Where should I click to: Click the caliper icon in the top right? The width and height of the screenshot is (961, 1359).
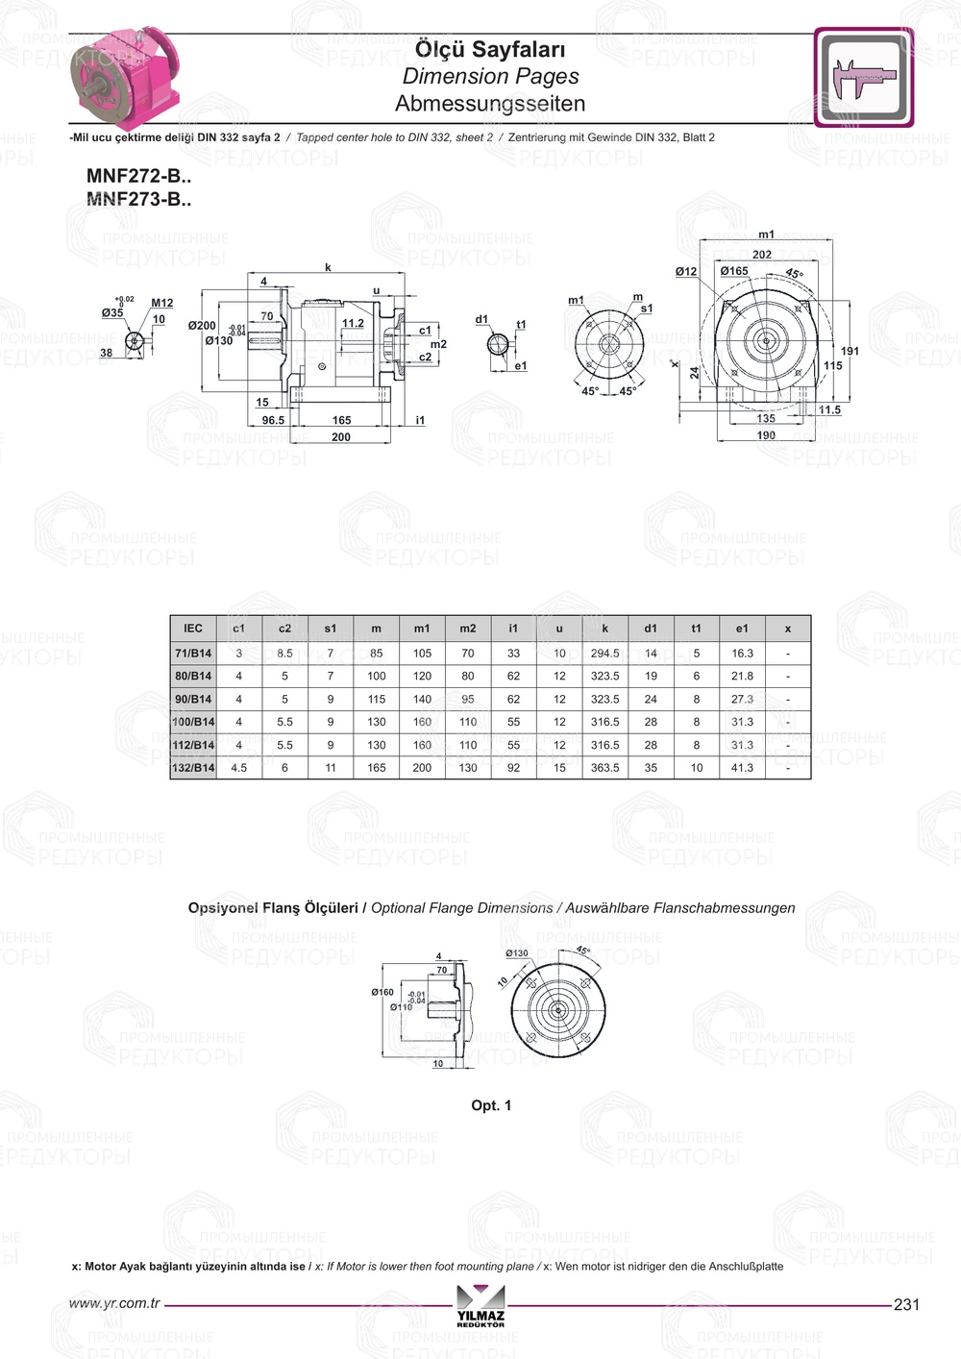click(x=863, y=78)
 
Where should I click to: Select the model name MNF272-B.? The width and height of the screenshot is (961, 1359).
click(x=138, y=176)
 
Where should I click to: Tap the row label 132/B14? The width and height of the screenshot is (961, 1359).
click(x=193, y=768)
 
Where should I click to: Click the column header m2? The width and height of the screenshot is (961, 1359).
click(x=468, y=629)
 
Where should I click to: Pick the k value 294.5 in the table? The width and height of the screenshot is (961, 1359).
click(x=604, y=654)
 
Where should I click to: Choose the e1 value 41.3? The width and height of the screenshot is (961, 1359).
click(x=742, y=768)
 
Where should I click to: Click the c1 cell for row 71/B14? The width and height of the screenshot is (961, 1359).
click(x=239, y=654)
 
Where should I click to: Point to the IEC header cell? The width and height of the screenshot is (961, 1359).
click(x=193, y=629)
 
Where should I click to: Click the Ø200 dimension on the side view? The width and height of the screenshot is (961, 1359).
click(x=202, y=326)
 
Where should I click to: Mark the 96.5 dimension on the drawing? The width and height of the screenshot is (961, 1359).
click(x=273, y=420)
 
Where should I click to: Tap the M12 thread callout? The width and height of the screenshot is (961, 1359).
click(x=162, y=303)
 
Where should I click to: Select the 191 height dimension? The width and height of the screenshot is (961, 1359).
click(x=850, y=351)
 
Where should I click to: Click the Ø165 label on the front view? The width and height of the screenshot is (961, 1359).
click(x=734, y=271)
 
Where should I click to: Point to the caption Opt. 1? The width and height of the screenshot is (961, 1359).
click(x=491, y=1105)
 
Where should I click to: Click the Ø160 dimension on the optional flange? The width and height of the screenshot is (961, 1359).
click(x=382, y=992)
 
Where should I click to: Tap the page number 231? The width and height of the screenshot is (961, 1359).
click(x=906, y=1304)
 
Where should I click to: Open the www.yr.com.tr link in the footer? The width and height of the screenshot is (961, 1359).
click(x=114, y=1303)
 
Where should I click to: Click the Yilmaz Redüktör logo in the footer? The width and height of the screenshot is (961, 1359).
click(x=480, y=1308)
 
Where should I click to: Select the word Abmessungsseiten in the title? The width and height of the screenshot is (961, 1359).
click(x=490, y=103)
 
